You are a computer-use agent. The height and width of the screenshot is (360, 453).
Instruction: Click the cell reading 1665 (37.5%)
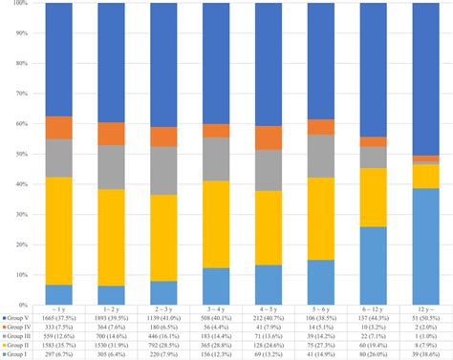pyautogui.click(x=59, y=317)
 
